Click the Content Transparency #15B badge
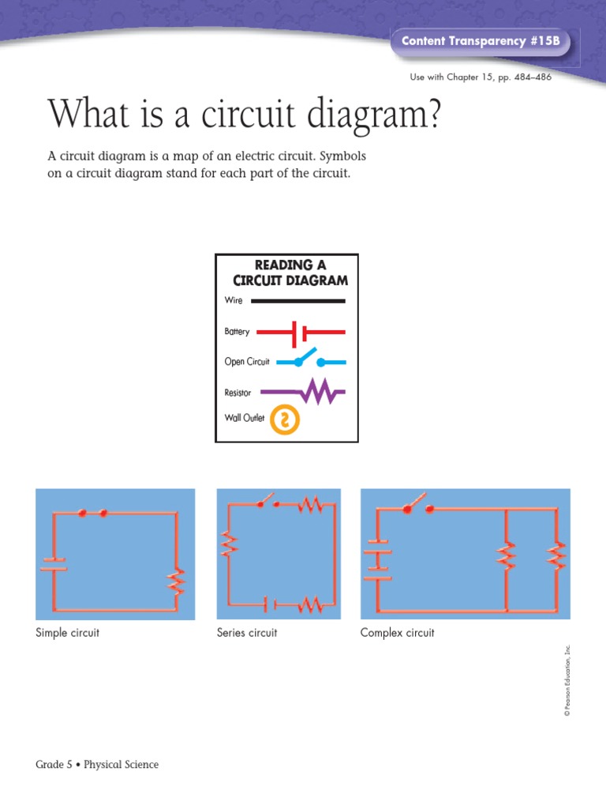tap(481, 41)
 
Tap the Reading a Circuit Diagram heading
tap(290, 273)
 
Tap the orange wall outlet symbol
tap(285, 420)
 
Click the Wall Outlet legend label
tap(245, 419)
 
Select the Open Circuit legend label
tap(247, 362)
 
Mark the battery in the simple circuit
tap(54, 563)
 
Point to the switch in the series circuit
tap(267, 502)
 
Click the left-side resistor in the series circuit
tap(229, 544)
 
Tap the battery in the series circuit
tap(270, 605)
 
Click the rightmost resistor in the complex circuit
tap(557, 556)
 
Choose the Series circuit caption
tap(247, 633)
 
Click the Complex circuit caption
tap(397, 633)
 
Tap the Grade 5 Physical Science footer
tap(97, 765)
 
